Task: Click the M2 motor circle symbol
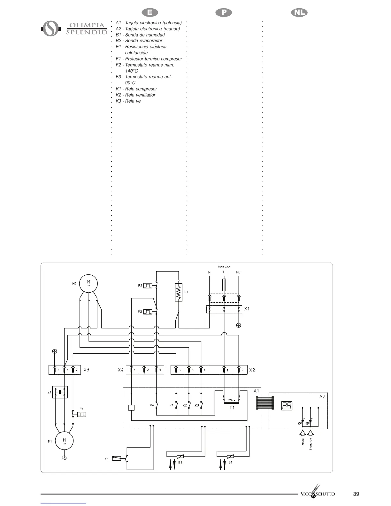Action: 88,283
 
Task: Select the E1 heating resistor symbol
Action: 179,292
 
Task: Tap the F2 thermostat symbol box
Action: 148,285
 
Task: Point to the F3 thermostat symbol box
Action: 148,311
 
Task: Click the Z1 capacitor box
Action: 60,392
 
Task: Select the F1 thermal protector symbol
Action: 82,414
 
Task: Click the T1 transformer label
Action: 232,408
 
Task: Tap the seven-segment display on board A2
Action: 287,406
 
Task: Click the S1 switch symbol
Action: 117,459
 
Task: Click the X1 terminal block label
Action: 247,309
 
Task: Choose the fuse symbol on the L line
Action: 224,284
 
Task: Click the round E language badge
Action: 149,12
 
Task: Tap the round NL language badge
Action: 299,12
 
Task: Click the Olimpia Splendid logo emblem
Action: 51,28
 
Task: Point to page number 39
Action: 356,494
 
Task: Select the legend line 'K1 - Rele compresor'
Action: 136,89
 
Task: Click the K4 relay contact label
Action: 152,405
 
